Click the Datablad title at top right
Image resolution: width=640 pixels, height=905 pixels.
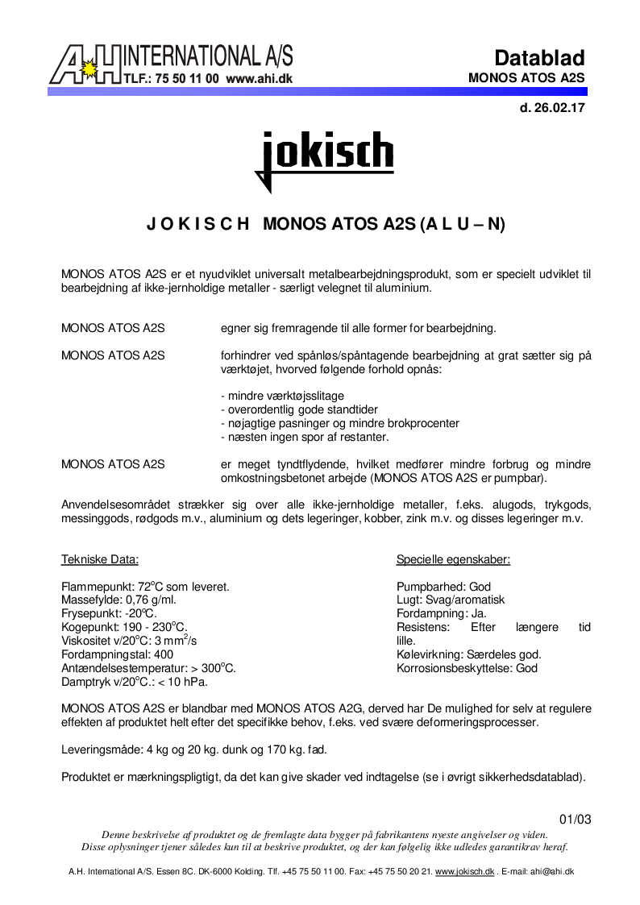[x=539, y=58]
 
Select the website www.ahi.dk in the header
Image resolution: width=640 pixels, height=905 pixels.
[x=259, y=79]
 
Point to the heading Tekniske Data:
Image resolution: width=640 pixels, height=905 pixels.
[x=100, y=559]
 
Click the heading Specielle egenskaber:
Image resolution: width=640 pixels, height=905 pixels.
[x=453, y=559]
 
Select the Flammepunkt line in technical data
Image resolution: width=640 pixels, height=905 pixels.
[x=145, y=587]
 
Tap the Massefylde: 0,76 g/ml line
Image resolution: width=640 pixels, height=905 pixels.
[x=118, y=600]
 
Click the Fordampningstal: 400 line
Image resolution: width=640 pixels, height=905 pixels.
[x=117, y=654]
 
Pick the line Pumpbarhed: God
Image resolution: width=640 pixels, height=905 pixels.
[x=443, y=587]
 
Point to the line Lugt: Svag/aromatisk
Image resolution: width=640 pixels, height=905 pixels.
[x=450, y=600]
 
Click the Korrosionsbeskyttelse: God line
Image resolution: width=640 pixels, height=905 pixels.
[x=467, y=668]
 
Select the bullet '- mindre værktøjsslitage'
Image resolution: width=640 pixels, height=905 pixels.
[x=282, y=396]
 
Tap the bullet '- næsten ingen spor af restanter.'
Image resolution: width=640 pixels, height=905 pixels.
[x=305, y=437]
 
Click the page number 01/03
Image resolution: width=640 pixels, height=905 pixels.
[x=575, y=820]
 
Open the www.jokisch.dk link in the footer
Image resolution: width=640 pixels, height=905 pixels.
[x=464, y=872]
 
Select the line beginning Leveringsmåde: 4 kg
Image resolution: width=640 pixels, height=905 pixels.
[x=193, y=749]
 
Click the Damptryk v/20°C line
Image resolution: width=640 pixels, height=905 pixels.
[x=135, y=682]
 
